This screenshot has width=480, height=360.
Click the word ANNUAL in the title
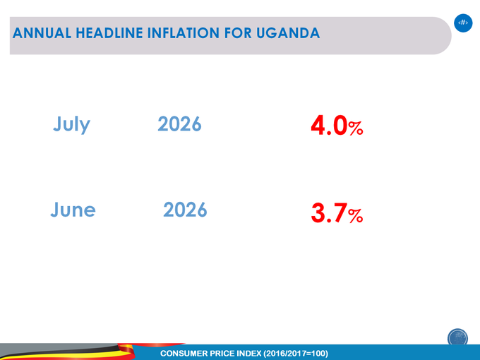42,33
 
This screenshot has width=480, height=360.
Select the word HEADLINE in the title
109,33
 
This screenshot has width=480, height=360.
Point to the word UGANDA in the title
288,33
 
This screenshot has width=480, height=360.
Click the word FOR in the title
238,33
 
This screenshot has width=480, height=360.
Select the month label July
71,125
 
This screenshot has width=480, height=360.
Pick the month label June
73,210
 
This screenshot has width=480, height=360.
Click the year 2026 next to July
179,124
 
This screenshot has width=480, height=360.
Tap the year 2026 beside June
185,210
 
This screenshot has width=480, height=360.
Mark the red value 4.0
329,125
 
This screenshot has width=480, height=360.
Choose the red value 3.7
329,212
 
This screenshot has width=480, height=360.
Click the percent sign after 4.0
356,128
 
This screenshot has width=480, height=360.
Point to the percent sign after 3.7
356,215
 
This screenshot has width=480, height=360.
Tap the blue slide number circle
463,23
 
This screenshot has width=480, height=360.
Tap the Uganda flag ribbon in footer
92,352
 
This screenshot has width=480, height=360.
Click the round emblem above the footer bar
457,337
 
